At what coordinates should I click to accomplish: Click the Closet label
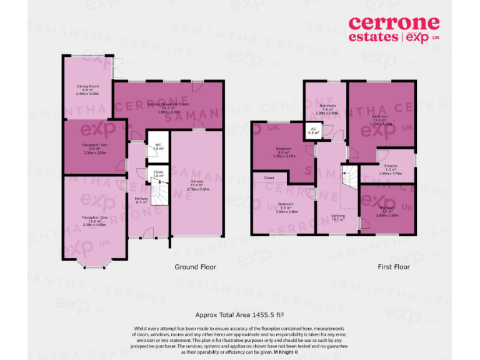click(269, 177)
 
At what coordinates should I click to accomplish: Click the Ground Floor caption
click(195, 267)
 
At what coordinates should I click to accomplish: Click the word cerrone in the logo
click(393, 24)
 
